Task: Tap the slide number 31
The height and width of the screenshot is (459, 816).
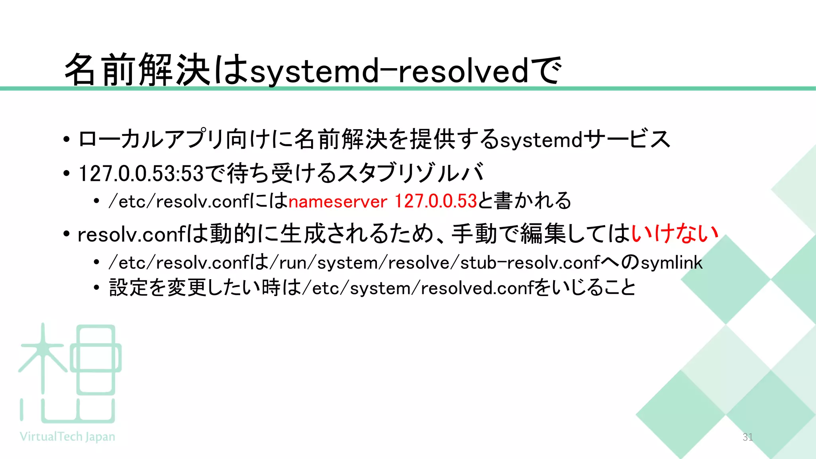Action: [x=747, y=437]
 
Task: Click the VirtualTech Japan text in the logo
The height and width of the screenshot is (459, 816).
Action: [x=67, y=437]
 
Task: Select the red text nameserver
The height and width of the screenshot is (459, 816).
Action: [x=337, y=201]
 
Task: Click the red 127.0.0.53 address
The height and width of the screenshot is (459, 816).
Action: [x=435, y=201]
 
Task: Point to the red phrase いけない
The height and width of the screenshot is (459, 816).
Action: [x=675, y=233]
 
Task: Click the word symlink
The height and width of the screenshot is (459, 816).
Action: [x=671, y=263]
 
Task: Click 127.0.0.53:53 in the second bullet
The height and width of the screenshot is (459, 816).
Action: [x=141, y=173]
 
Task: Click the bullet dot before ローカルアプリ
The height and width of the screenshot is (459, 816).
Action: [x=67, y=139]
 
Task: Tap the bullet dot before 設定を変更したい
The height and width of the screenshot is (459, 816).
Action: [x=96, y=288]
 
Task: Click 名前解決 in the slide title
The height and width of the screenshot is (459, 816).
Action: [x=137, y=70]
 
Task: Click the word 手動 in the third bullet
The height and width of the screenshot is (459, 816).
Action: [x=474, y=233]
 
